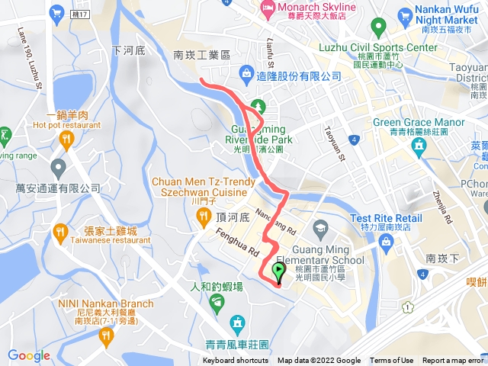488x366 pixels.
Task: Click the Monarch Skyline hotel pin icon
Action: coord(267,9)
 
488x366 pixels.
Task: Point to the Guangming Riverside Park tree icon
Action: coord(257,106)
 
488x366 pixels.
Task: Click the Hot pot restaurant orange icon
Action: coord(66,139)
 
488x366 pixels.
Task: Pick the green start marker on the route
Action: coord(278,271)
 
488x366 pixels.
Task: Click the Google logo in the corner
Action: coord(28,355)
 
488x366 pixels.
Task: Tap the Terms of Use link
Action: coord(391,361)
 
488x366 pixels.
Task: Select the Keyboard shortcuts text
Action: coord(235,361)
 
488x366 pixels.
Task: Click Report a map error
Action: coord(453,361)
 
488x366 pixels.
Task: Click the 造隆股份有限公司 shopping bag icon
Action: coord(246,74)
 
